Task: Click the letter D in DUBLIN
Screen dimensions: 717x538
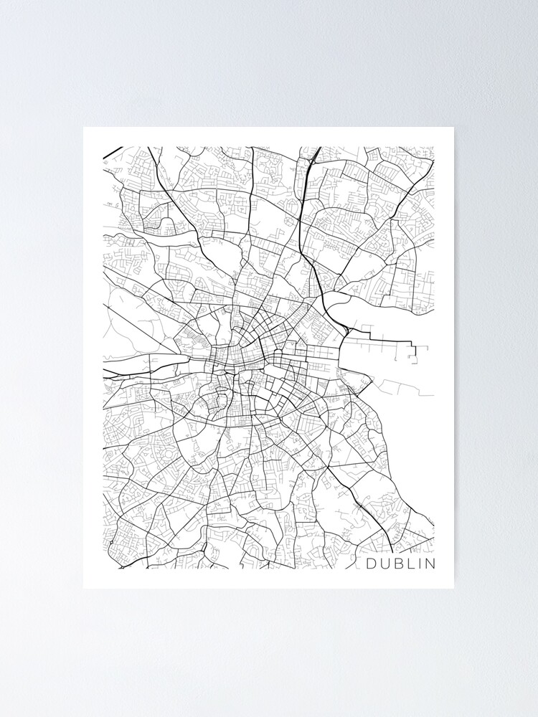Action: [x=372, y=564]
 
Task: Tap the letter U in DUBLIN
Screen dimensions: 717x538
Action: [x=384, y=564]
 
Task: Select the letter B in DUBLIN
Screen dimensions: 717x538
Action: [x=397, y=564]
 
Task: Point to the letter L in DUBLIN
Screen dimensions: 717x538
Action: [x=409, y=564]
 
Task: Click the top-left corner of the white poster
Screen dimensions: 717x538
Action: [x=84, y=128]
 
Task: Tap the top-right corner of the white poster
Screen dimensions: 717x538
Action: [x=453, y=128]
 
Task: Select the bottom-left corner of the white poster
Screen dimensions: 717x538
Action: [x=84, y=588]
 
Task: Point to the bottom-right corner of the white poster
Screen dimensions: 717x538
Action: [x=453, y=588]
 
